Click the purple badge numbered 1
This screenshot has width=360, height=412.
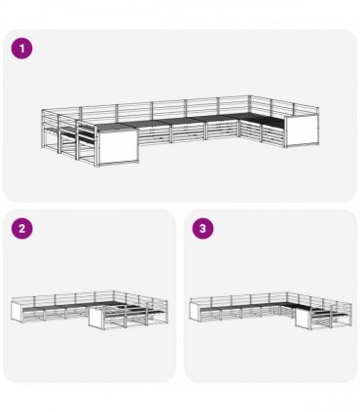point(21,49)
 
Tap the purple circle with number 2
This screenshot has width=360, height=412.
point(21,229)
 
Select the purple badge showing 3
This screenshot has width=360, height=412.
point(202,229)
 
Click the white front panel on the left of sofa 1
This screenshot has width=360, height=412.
point(118,147)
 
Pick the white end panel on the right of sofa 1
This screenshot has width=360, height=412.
point(302,131)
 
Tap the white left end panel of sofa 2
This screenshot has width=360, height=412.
point(17,312)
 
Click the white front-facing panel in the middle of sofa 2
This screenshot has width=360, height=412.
point(96,318)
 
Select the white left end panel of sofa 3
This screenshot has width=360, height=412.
point(196,311)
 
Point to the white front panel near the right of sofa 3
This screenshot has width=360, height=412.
point(303,318)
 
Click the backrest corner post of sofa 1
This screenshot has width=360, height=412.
point(250,104)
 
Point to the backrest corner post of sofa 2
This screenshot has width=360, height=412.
point(114,297)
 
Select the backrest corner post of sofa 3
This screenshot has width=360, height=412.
point(287,297)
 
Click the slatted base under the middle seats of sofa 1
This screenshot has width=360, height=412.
point(188,132)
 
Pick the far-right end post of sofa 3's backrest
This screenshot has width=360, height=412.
point(350,314)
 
